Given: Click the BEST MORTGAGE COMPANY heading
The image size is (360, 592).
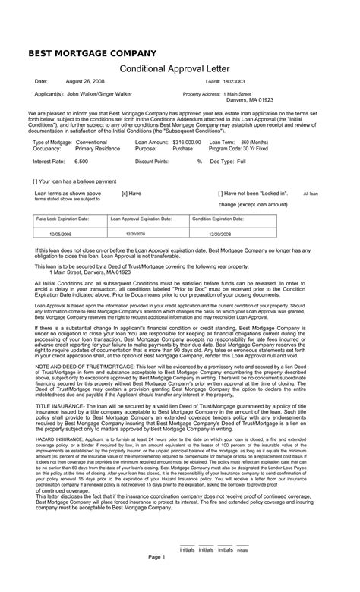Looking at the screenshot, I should coord(92,53).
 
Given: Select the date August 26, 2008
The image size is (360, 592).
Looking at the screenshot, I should coord(86,81).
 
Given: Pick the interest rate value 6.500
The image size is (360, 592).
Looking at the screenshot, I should coord(81,162).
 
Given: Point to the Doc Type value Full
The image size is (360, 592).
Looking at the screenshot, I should coord(242,162).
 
